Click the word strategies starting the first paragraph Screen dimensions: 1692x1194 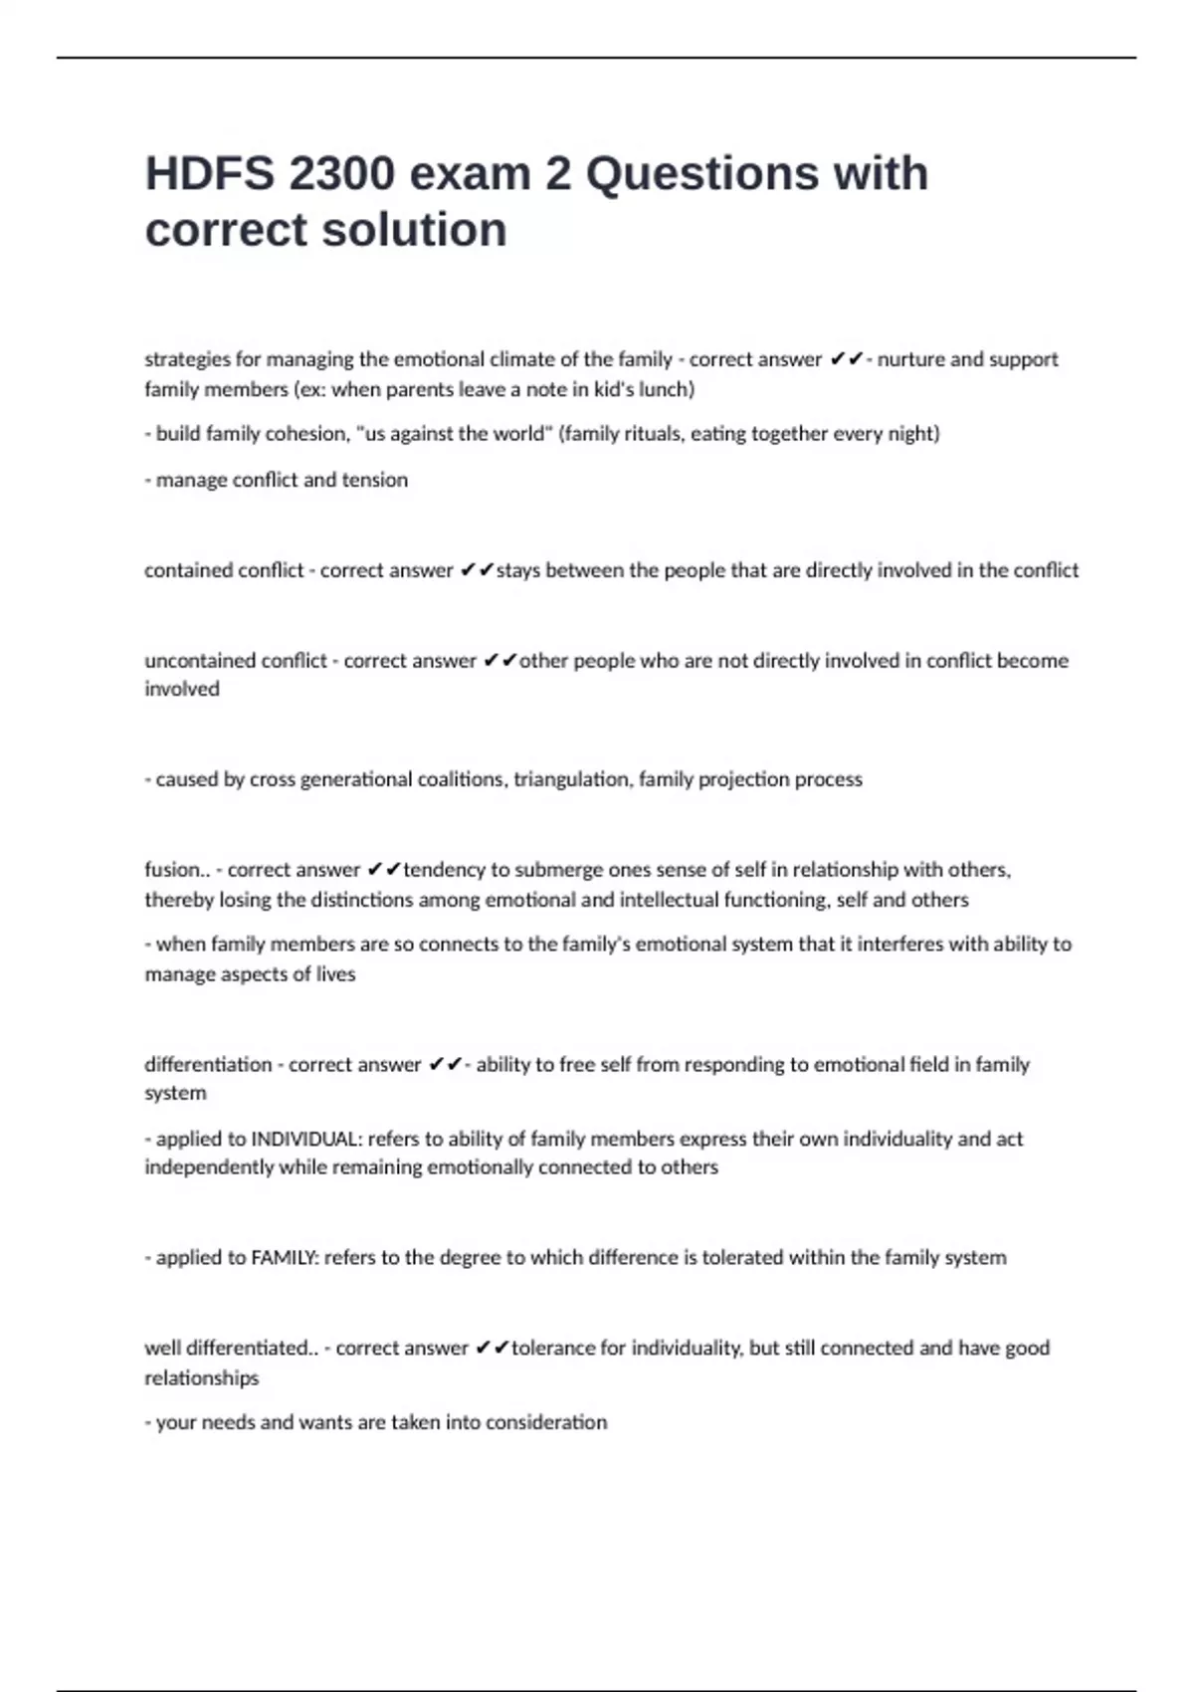(x=187, y=359)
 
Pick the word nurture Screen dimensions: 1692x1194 (x=910, y=359)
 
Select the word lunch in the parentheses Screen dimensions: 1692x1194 (x=664, y=389)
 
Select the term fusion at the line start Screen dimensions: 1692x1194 (x=172, y=870)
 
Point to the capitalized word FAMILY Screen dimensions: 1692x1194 (x=284, y=1258)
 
